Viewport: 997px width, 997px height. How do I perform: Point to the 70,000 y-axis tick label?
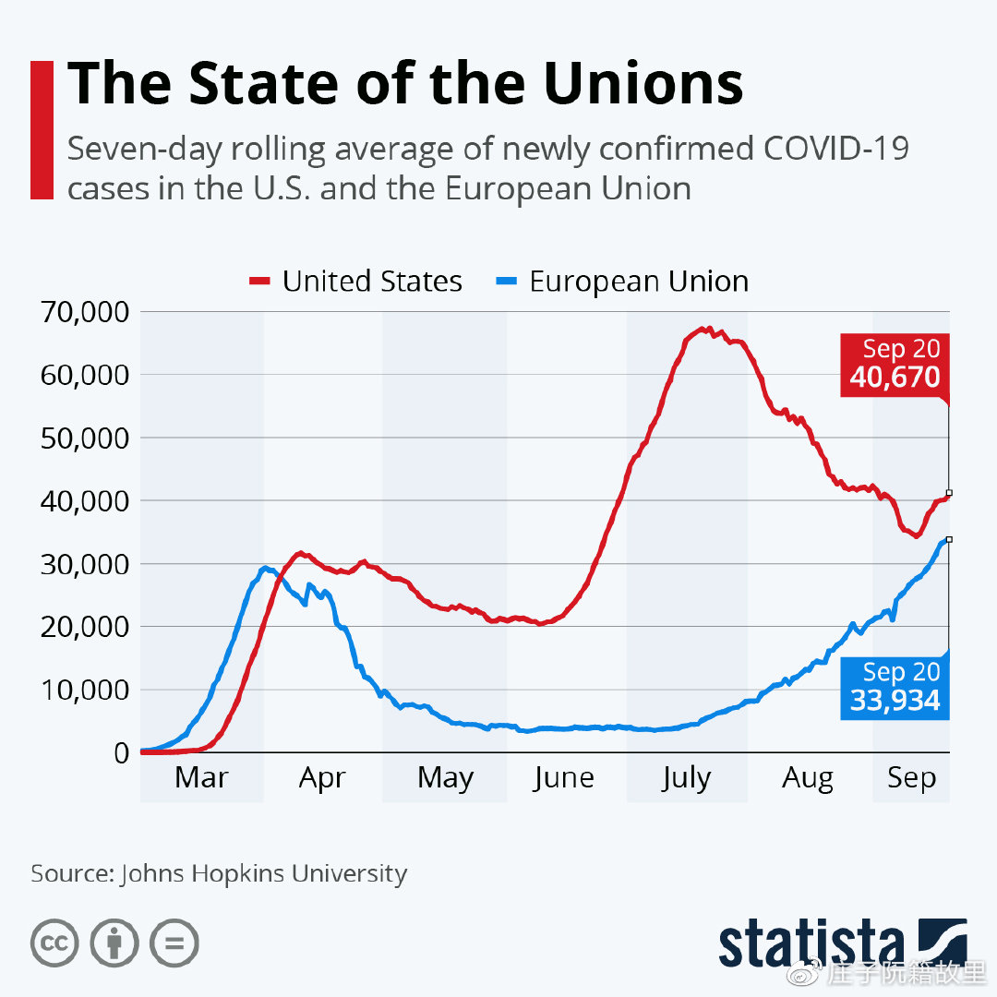(84, 312)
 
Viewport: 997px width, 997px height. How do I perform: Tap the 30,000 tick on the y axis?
(84, 564)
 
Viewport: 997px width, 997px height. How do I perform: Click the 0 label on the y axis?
(121, 752)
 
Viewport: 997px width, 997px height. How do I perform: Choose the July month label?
(686, 778)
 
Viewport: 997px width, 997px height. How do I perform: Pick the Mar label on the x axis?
(201, 778)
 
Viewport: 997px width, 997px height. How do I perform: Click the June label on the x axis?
(563, 778)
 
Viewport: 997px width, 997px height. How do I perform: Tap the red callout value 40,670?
(895, 377)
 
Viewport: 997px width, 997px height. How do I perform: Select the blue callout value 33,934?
(895, 700)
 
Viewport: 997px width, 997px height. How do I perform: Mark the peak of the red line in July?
(705, 329)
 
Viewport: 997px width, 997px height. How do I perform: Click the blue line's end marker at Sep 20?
(949, 539)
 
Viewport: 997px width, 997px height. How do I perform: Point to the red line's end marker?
(949, 493)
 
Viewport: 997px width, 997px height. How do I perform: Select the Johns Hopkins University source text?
(263, 873)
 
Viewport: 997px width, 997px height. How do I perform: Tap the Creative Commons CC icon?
(54, 943)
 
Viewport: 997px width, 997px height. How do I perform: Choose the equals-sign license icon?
(174, 943)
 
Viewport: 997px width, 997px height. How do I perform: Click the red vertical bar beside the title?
(42, 129)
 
